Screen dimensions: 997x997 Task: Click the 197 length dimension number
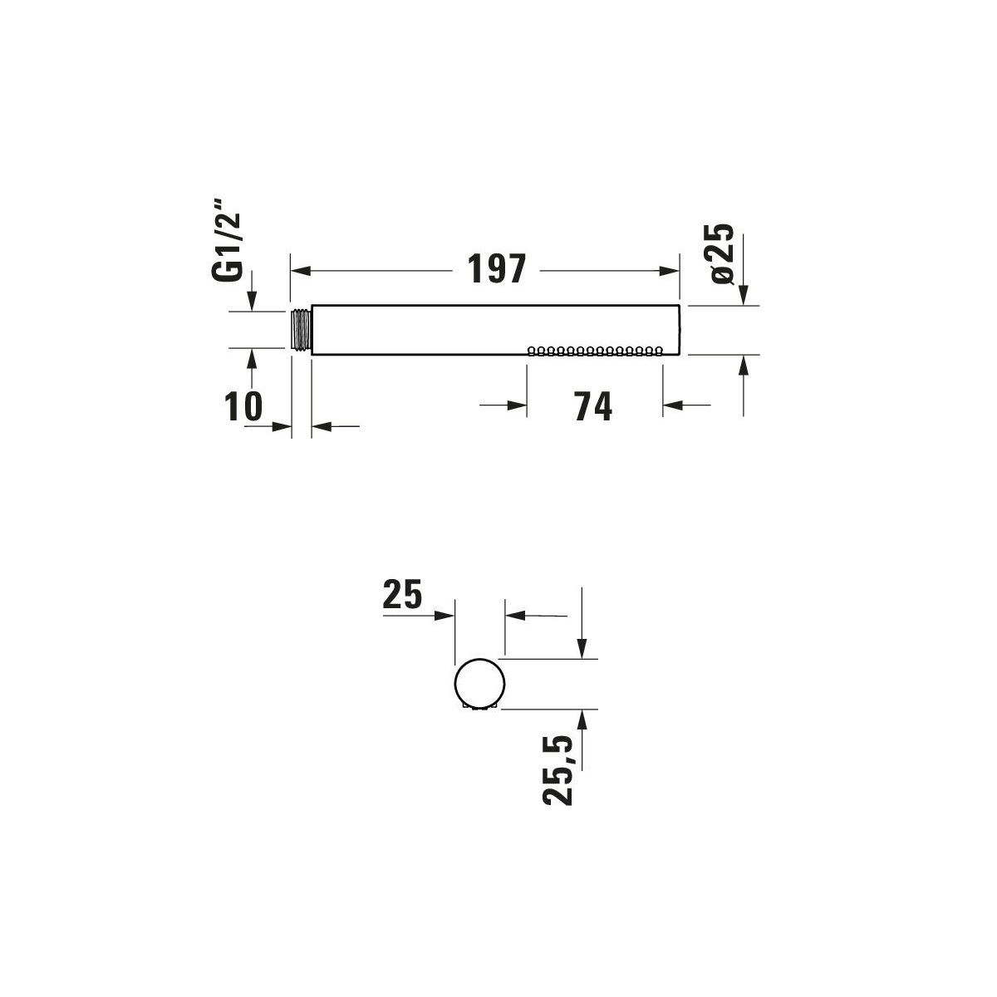point(497,268)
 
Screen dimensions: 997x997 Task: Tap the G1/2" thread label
point(227,239)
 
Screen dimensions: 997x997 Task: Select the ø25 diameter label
point(723,253)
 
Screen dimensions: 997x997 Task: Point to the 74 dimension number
point(593,406)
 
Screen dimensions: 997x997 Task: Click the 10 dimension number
point(243,406)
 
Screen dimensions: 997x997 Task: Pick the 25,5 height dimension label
point(557,770)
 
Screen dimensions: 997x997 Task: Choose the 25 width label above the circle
point(402,594)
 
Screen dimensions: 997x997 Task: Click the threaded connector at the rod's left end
point(301,330)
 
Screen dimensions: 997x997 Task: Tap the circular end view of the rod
point(479,684)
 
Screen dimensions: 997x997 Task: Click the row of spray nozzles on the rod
point(595,351)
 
